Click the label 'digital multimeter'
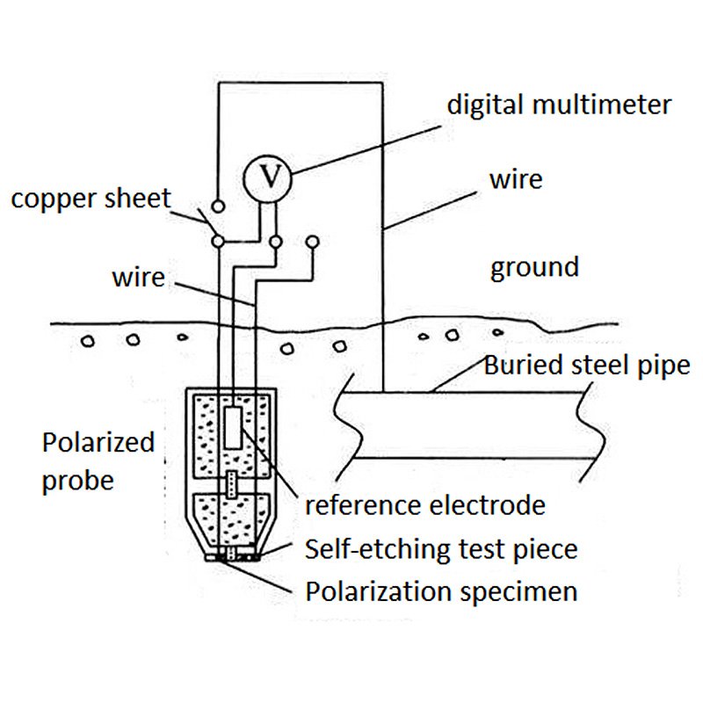(x=559, y=105)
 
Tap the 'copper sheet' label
(x=91, y=199)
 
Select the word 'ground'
(x=534, y=266)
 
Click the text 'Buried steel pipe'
(x=587, y=365)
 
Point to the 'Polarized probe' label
(x=98, y=460)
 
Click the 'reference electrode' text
(x=424, y=505)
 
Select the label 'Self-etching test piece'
(x=441, y=550)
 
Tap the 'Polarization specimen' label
(x=441, y=591)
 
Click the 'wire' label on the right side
(x=516, y=179)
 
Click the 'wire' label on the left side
(x=138, y=278)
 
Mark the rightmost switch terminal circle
(x=311, y=240)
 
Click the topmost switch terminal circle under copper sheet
(x=218, y=207)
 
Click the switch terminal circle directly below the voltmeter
(x=275, y=240)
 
